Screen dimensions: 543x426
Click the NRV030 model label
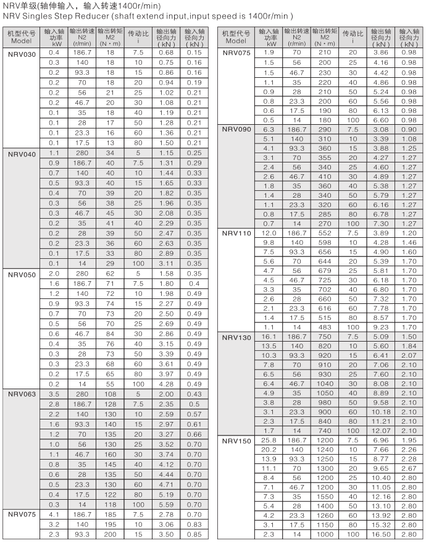pyautogui.click(x=22, y=54)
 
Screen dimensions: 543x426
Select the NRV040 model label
pyautogui.click(x=22, y=153)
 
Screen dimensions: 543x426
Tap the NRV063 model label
pyautogui.click(x=22, y=393)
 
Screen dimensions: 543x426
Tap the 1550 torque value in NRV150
pyautogui.click(x=324, y=497)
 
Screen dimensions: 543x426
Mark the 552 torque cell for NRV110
pyautogui.click(x=324, y=233)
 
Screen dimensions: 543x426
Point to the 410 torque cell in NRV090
pyautogui.click(x=324, y=176)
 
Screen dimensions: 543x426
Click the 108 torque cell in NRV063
pyautogui.click(x=110, y=393)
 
